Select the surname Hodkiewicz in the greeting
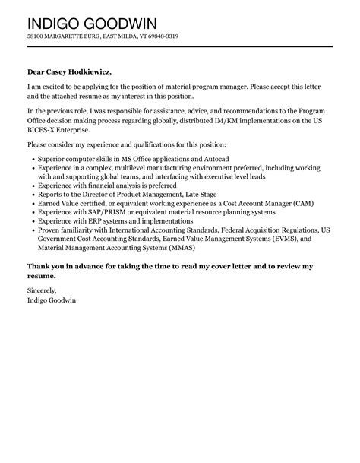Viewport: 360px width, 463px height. (x=87, y=71)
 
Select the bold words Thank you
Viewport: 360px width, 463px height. (x=46, y=266)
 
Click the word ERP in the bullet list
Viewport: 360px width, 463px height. (x=90, y=220)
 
